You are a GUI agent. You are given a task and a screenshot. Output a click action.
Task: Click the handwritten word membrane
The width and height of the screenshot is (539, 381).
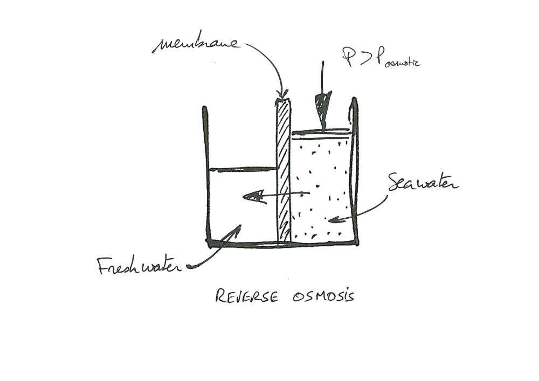coord(196,44)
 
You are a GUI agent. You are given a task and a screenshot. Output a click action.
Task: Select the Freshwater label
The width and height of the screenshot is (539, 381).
coord(139,266)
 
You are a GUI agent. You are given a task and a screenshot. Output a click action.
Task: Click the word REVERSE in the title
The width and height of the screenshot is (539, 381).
coord(246,296)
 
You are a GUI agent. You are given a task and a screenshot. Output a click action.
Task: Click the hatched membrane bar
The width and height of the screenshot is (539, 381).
coord(284,172)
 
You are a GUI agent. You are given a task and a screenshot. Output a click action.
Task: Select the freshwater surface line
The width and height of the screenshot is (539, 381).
coord(243,169)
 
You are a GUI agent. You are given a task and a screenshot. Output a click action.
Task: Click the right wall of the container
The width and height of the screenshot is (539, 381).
coord(355,172)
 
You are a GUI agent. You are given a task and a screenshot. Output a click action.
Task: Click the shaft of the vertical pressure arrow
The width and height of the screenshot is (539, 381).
coord(322,75)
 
